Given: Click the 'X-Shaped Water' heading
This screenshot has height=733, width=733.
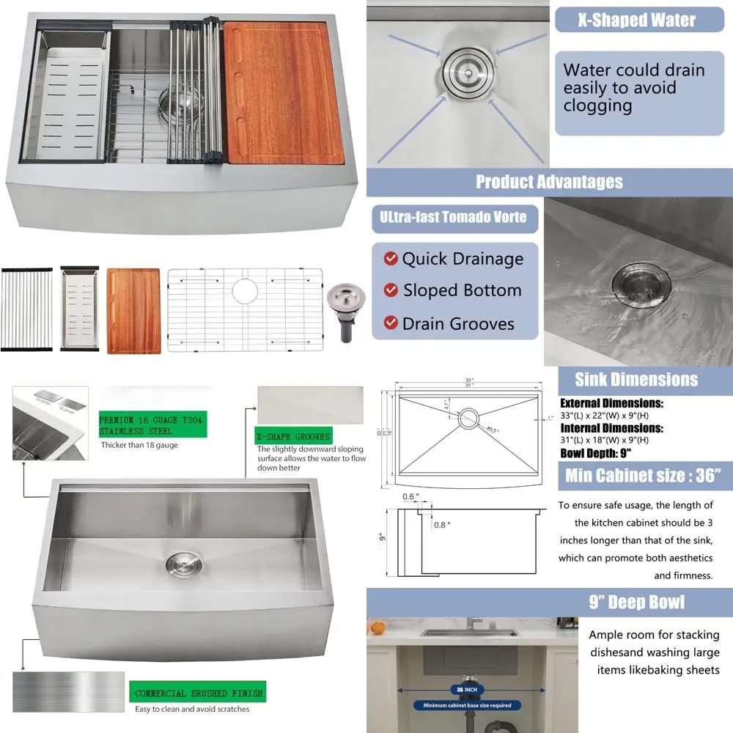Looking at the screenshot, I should pyautogui.click(x=636, y=19).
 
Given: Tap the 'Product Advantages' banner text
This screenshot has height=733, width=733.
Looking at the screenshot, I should pyautogui.click(x=549, y=182).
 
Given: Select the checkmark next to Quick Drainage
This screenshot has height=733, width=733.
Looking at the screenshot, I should pyautogui.click(x=391, y=259).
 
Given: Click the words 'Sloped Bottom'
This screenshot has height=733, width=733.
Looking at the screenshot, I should pyautogui.click(x=462, y=290).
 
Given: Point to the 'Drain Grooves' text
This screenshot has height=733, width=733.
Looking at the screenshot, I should pyautogui.click(x=458, y=323).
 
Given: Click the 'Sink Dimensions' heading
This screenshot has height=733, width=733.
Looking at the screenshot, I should pyautogui.click(x=636, y=379).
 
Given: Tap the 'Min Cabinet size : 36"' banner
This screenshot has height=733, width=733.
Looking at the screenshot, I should pyautogui.click(x=638, y=476).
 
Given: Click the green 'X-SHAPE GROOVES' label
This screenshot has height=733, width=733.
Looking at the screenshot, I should pyautogui.click(x=292, y=436).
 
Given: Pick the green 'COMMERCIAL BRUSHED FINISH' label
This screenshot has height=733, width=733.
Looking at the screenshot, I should pyautogui.click(x=198, y=693).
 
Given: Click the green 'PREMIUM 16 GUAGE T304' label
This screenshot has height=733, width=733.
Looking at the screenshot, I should pyautogui.click(x=152, y=424).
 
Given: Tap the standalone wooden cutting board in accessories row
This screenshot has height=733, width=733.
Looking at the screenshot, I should pyautogui.click(x=133, y=311).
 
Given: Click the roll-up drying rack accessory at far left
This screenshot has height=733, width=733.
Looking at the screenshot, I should pyautogui.click(x=26, y=309).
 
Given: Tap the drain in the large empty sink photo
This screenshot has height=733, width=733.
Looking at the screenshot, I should pyautogui.click(x=180, y=562).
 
